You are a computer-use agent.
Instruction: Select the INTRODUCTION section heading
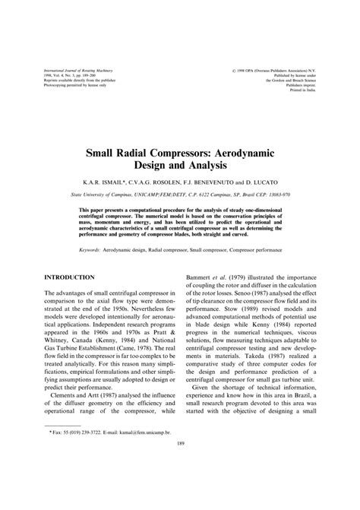click(74, 279)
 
